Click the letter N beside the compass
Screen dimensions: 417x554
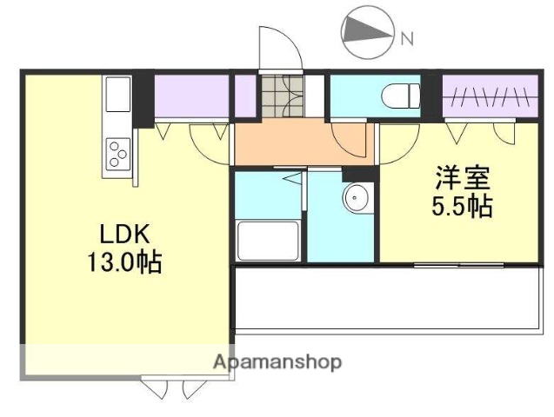click(406, 38)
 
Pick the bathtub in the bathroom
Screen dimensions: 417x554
click(269, 241)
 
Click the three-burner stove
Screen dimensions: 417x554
click(117, 157)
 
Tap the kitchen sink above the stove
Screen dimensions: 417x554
click(117, 96)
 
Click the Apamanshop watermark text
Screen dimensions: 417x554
click(277, 361)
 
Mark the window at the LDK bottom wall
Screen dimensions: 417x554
click(169, 385)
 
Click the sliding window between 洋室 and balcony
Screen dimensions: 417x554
click(452, 263)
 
